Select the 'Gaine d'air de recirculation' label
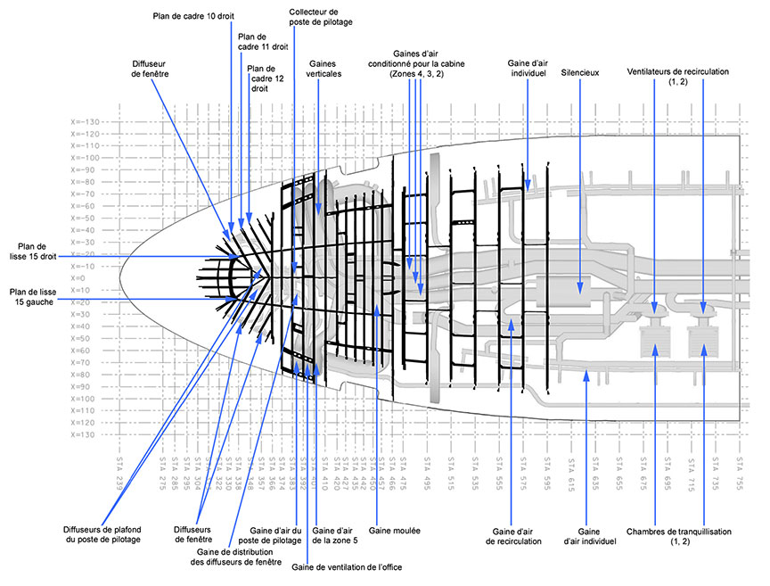point(513,535)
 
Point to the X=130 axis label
point(86,434)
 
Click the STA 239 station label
point(120,473)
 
